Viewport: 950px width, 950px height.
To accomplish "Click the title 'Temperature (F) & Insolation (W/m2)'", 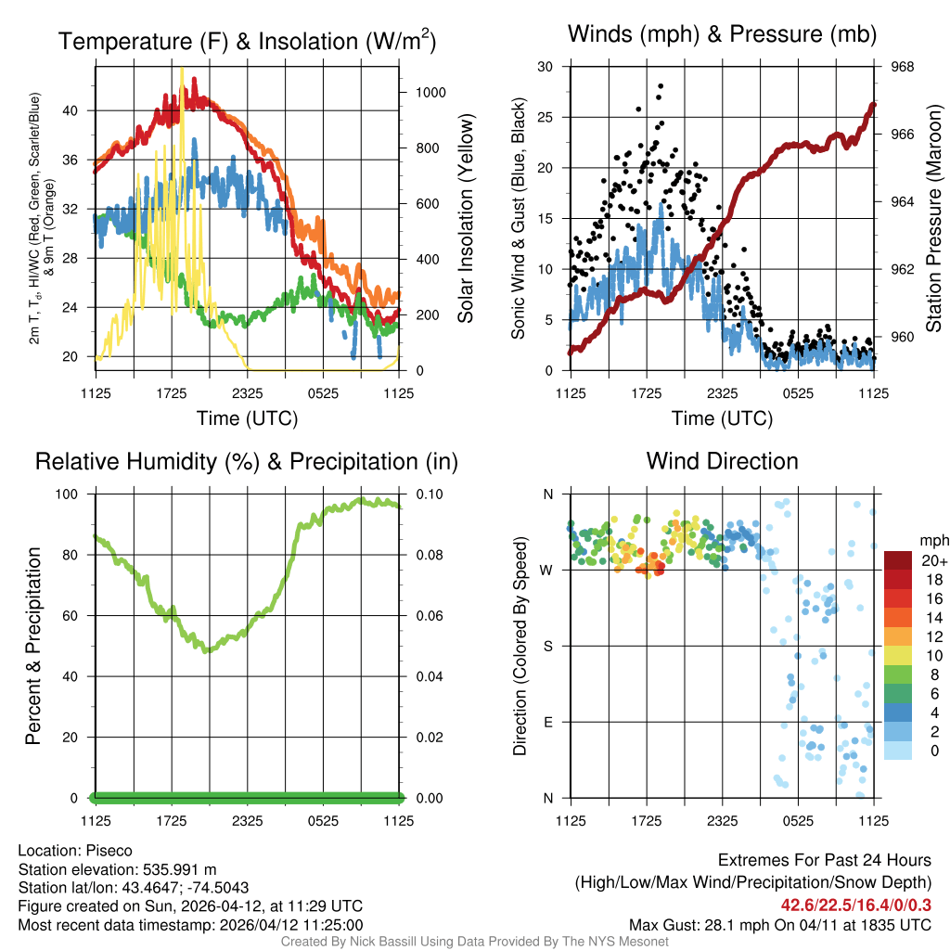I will pyautogui.click(x=247, y=41).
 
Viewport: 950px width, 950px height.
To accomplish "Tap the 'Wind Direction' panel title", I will pyautogui.click(x=722, y=461).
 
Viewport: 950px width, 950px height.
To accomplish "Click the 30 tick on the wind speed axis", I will pyautogui.click(x=546, y=67).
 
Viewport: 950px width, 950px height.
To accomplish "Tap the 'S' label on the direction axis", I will pyautogui.click(x=547, y=646).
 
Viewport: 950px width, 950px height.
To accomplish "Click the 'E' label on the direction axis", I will pyautogui.click(x=547, y=722).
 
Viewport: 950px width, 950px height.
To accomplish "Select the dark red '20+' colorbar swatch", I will pyautogui.click(x=899, y=560).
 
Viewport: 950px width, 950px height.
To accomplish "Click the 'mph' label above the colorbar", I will pyautogui.click(x=931, y=540).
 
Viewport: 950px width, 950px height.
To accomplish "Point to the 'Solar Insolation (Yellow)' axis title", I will pyautogui.click(x=465, y=219).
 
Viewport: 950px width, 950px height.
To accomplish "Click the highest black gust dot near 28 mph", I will pyautogui.click(x=661, y=86).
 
